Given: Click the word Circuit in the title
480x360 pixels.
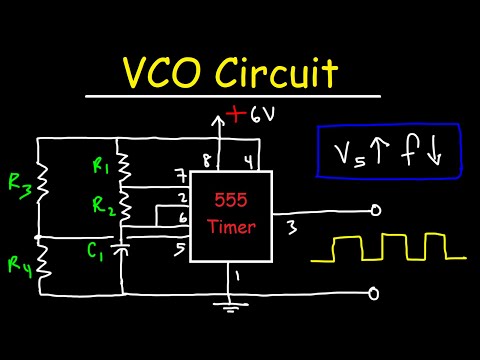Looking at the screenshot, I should pos(282,74).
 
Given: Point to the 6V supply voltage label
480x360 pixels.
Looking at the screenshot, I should pos(262,114).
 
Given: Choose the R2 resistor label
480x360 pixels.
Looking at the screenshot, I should pos(101,208).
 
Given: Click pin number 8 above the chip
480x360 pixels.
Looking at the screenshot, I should pos(209,158).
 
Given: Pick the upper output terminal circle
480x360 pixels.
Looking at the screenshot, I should pos(375,210).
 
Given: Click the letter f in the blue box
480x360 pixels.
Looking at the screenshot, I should pos(415,154).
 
